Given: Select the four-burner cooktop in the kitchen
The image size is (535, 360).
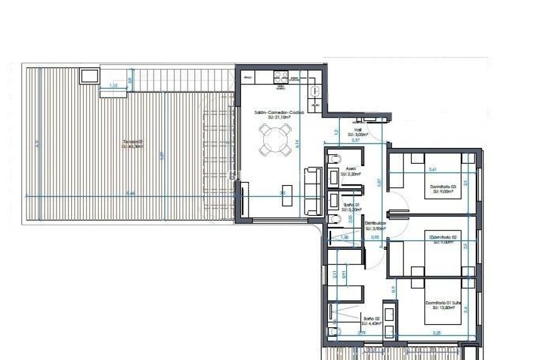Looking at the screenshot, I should [x=281, y=77].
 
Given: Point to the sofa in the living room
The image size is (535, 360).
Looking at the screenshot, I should [x=311, y=189].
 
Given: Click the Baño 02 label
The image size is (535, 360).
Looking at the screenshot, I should [x=369, y=320].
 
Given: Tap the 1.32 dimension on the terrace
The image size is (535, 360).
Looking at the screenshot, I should [x=114, y=86].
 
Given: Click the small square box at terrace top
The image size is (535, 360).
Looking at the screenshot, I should [x=89, y=76].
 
